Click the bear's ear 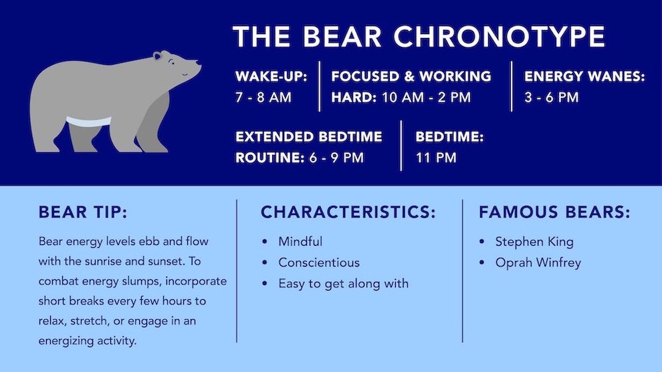coord(158,55)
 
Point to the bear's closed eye coord(171,62)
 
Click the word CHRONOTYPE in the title coord(500,36)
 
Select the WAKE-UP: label coord(271,76)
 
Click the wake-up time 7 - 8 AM coord(263,98)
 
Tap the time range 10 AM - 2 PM coord(426,98)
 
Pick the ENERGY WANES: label coord(584,76)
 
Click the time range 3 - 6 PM coord(552,98)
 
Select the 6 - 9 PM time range coord(336,158)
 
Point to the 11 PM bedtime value coord(436,158)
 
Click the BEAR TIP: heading coord(83,212)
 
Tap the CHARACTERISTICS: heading coord(348,212)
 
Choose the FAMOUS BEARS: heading coord(554,212)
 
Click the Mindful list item coord(300,241)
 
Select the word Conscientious coord(319,262)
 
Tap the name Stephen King coord(534,242)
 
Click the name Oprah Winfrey coord(538,262)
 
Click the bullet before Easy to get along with coord(265,283)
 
